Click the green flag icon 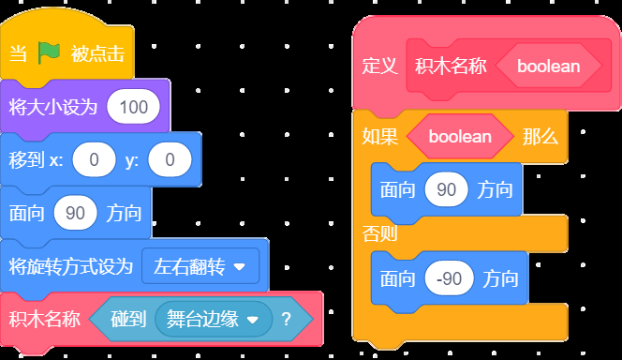[x=50, y=53]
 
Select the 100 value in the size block [x=134, y=107]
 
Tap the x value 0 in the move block [x=94, y=159]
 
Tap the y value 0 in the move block [x=170, y=159]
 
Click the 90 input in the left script [x=75, y=213]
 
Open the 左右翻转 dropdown [x=200, y=266]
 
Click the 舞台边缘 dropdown [x=214, y=319]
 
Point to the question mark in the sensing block [x=286, y=319]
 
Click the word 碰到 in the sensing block [x=128, y=319]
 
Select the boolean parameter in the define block [x=549, y=66]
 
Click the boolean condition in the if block [x=460, y=137]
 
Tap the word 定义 [x=379, y=66]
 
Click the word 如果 [x=379, y=137]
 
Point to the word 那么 [x=541, y=137]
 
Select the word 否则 [x=379, y=233]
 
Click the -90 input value [x=449, y=278]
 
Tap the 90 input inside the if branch [x=446, y=189]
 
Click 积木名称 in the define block [x=451, y=66]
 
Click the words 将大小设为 [x=53, y=107]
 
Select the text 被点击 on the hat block [x=97, y=53]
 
